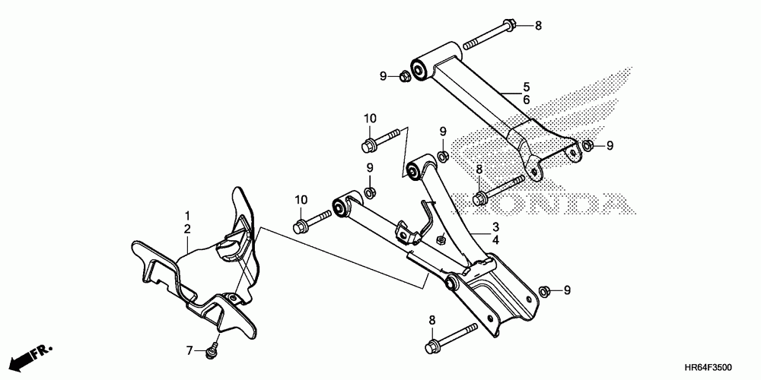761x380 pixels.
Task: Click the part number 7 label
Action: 191,350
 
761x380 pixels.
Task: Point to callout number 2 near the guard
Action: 186,228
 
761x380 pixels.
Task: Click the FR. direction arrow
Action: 34,355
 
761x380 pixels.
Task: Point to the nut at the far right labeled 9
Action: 587,145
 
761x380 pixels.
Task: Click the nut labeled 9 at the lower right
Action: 545,291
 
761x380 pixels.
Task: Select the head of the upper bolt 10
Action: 369,143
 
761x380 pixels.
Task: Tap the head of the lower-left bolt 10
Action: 300,226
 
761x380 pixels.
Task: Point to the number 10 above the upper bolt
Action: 370,118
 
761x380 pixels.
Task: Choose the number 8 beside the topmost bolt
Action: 537,26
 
